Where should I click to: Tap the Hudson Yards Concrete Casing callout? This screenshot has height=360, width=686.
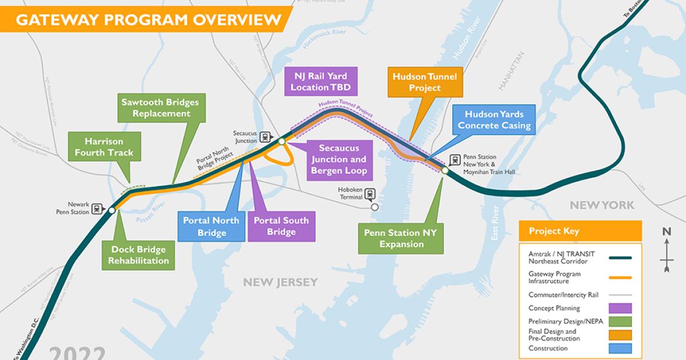[494, 120]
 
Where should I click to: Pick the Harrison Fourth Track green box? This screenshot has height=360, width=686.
[108, 146]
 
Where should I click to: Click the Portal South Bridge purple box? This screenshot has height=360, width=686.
[281, 226]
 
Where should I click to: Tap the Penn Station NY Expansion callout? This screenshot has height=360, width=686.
[400, 238]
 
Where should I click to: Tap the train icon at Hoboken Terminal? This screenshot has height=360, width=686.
[370, 194]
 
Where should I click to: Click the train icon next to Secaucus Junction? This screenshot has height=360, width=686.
[266, 137]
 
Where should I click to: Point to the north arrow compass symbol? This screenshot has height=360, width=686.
[666, 249]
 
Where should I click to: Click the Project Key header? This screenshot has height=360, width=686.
[580, 231]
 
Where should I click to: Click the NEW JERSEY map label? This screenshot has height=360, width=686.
[280, 282]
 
